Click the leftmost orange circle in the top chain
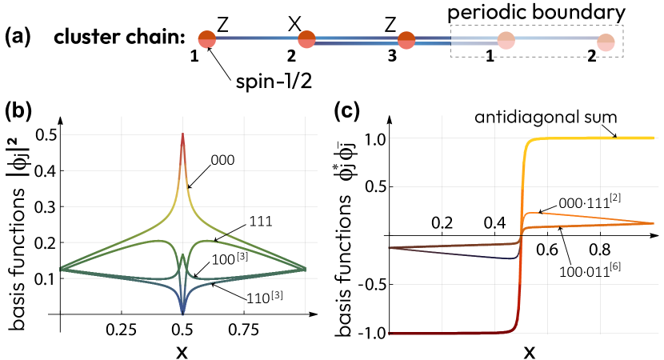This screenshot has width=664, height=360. (206, 39)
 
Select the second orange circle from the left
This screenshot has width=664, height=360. (306, 39)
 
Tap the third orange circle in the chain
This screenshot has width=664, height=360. (406, 40)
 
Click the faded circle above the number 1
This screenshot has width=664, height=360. (506, 41)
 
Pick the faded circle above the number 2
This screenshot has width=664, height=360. (606, 42)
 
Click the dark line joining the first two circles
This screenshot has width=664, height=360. (256, 38)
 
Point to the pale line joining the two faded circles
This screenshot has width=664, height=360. (556, 38)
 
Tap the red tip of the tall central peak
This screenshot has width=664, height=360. (182, 138)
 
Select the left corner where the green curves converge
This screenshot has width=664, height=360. (62, 268)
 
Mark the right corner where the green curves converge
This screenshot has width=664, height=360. (305, 268)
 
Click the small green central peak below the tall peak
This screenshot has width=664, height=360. (182, 258)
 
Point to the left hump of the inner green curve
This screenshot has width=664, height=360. (158, 241)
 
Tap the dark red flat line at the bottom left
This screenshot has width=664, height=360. (432, 333)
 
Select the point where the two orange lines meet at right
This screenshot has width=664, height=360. (652, 223)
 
